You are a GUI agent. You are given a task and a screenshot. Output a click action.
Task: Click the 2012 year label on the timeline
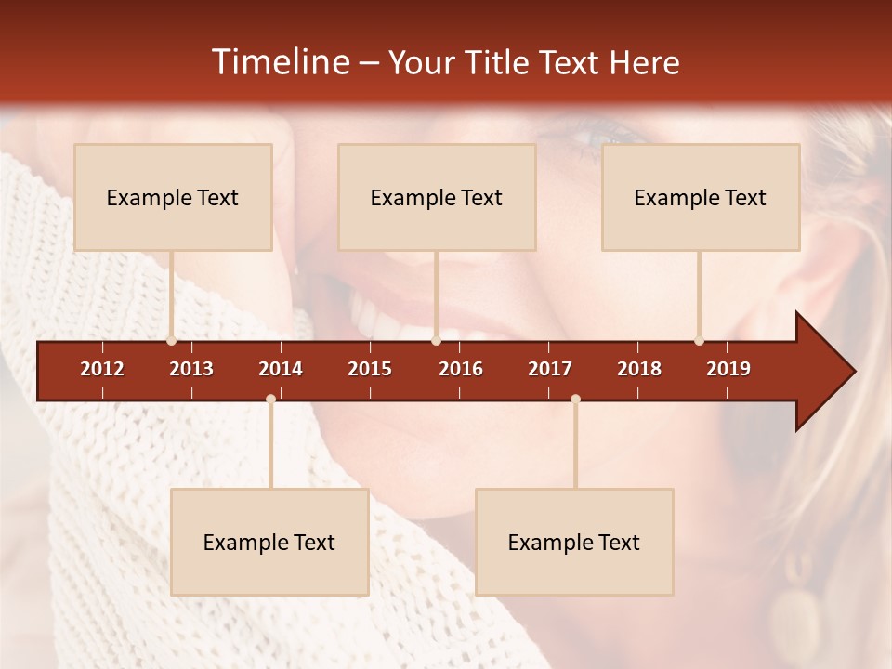[102, 369]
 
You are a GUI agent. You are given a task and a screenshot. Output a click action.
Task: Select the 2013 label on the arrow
[191, 369]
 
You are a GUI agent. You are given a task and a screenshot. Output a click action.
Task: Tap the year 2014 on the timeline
[281, 369]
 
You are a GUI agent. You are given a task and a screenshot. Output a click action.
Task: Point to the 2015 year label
[370, 369]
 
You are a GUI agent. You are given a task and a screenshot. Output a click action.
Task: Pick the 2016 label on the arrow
[461, 369]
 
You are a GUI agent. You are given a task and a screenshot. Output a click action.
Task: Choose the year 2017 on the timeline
[550, 369]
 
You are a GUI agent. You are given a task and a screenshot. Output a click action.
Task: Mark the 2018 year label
[639, 369]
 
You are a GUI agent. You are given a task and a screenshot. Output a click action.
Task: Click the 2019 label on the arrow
[728, 369]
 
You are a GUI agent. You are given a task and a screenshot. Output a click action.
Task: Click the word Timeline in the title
[280, 62]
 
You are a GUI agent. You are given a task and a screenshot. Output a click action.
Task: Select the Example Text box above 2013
[173, 197]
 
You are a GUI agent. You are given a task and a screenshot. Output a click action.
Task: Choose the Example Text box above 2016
[437, 197]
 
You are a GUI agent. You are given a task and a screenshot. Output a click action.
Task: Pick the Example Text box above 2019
[701, 197]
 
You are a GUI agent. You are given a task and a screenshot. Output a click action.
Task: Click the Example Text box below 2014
[269, 542]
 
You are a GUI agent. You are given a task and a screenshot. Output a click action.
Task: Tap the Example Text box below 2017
[574, 542]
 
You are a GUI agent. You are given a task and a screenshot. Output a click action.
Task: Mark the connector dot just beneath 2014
[270, 399]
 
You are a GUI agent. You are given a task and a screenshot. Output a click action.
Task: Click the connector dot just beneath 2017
[575, 399]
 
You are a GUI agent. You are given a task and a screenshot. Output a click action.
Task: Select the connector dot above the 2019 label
[699, 341]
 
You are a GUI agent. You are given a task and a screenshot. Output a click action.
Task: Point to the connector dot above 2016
[436, 341]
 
